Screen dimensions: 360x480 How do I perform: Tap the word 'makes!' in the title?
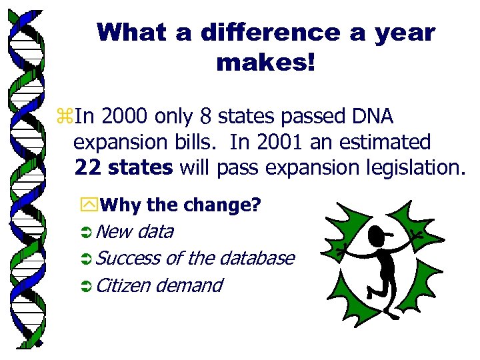point(265,63)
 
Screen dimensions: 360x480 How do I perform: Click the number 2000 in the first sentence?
point(123,118)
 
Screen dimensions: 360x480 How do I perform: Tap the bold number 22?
point(88,167)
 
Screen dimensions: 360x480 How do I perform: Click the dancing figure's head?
point(376,236)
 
